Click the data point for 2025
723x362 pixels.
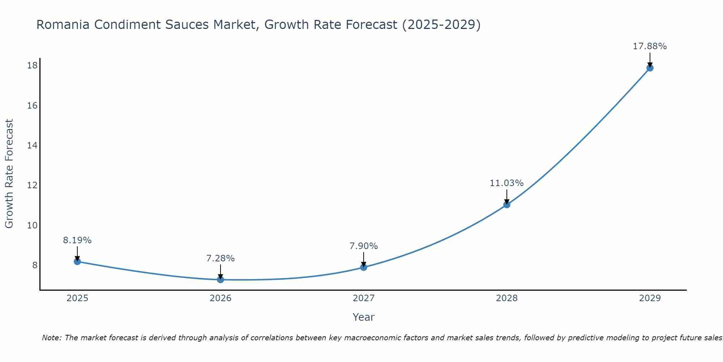77,261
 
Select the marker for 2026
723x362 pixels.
221,279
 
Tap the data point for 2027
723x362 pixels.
364,267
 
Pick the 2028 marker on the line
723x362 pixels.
507,205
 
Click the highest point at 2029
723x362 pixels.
650,68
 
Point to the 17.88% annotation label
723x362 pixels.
650,46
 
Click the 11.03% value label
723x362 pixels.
506,183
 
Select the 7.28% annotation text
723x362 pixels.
221,258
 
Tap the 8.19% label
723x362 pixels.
77,240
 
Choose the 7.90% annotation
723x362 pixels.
364,246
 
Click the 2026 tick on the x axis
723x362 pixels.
221,298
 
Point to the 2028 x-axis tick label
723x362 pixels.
507,298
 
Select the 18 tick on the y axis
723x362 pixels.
33,66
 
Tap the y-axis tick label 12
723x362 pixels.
33,185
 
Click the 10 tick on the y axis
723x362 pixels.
33,225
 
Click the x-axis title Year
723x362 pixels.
363,317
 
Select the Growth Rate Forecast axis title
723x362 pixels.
9,174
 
